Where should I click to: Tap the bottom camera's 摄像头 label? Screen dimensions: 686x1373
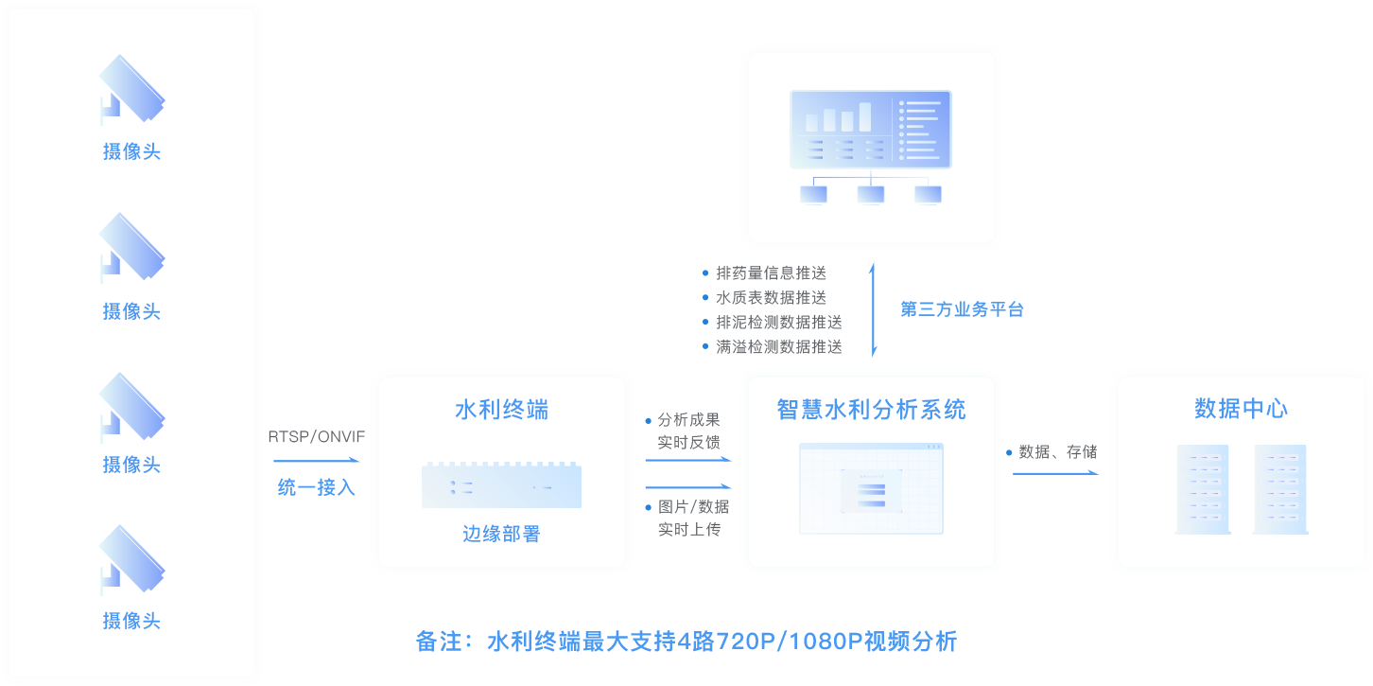point(131,621)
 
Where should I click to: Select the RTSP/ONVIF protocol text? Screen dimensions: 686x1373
point(317,436)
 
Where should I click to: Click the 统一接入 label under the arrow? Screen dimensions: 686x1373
point(317,488)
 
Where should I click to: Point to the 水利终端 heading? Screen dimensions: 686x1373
point(501,410)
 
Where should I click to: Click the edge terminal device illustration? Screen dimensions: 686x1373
point(501,485)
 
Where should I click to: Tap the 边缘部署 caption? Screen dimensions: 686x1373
point(501,534)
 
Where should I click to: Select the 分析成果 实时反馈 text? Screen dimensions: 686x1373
point(688,431)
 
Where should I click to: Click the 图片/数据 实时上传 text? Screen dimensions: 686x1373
point(692,518)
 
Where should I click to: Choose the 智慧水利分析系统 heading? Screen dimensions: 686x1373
point(871,410)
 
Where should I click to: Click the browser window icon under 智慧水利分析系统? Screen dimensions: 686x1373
point(871,488)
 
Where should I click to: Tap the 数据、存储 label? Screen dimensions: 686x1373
point(1057,451)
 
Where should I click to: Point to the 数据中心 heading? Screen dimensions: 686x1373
point(1241,409)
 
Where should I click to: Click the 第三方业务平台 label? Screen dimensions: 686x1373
point(962,309)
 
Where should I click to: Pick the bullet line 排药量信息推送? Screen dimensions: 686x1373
point(771,273)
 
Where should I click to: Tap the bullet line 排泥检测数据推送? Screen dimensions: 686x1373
point(778,322)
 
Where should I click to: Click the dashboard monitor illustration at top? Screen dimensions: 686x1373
point(870,147)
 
